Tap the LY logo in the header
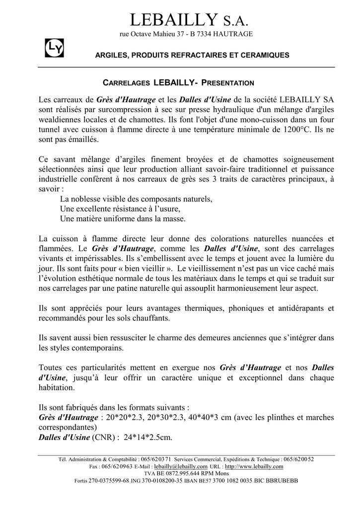coord(52,48)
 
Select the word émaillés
coord(84,140)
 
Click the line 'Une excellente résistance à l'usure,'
coord(120,209)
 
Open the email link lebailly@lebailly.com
coord(181,467)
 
